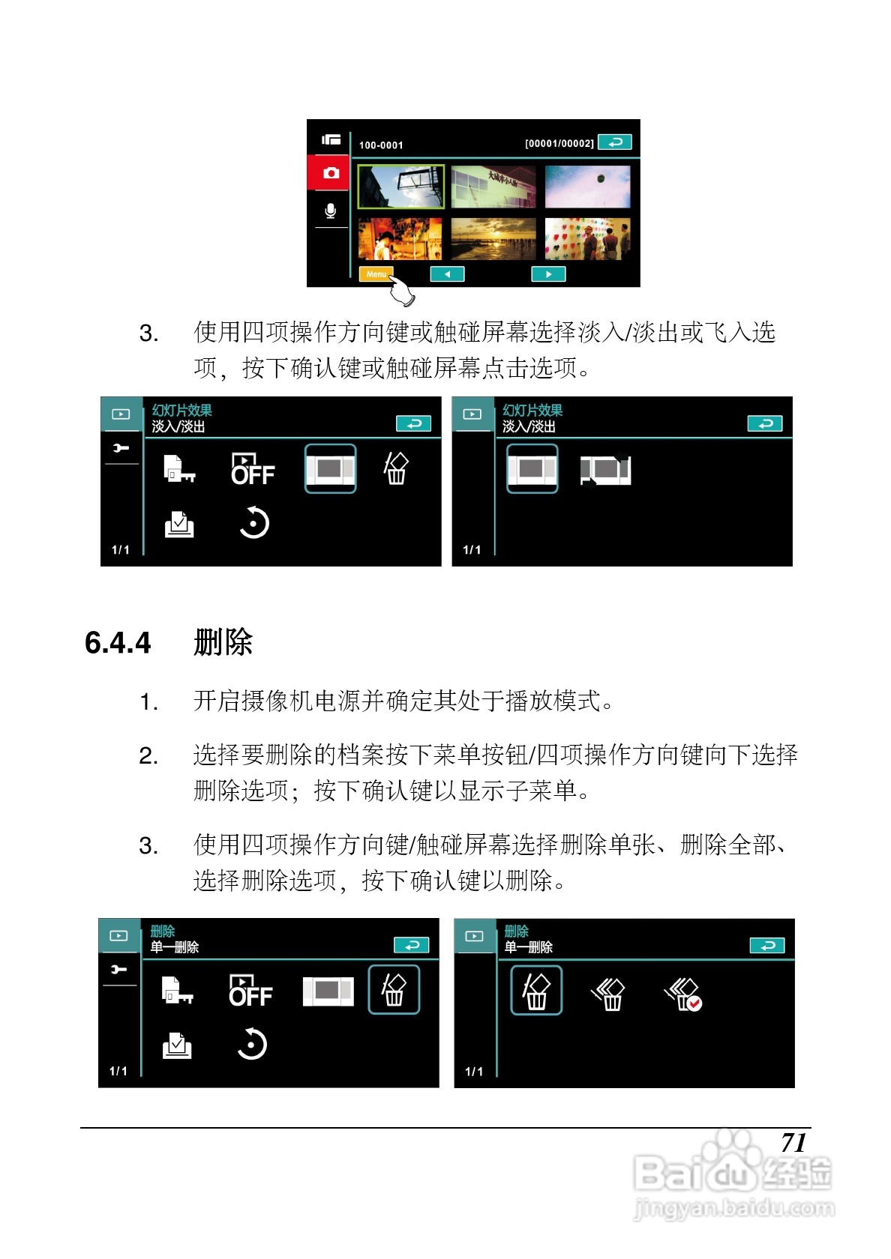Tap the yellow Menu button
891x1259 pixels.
point(376,274)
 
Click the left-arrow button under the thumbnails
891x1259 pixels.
point(447,274)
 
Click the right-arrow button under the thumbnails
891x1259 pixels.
point(548,274)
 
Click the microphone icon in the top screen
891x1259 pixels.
point(331,211)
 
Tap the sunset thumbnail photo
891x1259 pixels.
point(493,240)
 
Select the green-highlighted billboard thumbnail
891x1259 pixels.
point(400,187)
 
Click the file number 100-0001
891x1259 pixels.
point(381,145)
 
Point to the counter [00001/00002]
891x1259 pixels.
point(559,143)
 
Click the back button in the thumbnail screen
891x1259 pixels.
point(615,142)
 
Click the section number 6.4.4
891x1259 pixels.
point(118,642)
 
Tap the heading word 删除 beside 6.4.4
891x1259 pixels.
point(223,641)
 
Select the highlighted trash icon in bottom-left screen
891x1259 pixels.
point(394,990)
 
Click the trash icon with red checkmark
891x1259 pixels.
point(683,994)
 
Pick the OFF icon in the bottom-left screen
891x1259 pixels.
point(250,990)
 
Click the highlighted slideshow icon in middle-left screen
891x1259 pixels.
point(330,469)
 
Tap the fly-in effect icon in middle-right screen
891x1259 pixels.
point(605,470)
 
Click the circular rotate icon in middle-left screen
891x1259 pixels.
point(253,523)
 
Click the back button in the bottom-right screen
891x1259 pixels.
point(767,946)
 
